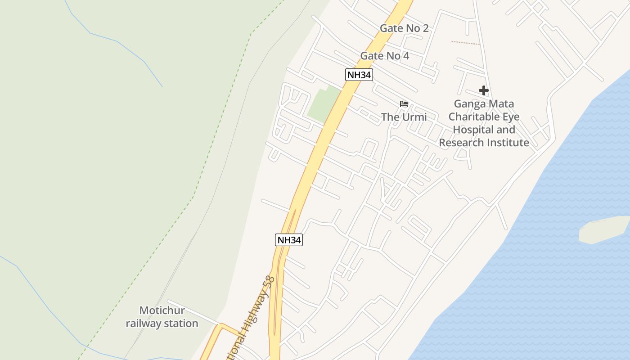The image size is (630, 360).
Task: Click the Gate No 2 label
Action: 404,28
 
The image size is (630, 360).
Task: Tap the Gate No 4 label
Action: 385,56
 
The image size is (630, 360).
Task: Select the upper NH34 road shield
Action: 359,75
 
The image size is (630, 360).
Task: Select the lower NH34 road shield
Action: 288,240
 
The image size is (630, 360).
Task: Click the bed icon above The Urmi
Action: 404,104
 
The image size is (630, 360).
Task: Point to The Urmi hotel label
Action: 404,117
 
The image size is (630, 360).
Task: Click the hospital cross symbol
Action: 484,91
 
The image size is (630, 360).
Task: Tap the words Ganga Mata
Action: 484,104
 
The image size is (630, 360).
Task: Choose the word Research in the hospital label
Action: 461,143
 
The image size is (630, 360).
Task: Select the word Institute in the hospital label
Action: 508,143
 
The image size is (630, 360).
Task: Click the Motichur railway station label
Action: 162,317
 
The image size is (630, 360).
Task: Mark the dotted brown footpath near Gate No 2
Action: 465,43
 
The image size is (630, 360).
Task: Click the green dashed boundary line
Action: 193,196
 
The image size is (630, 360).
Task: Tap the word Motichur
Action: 162,310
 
